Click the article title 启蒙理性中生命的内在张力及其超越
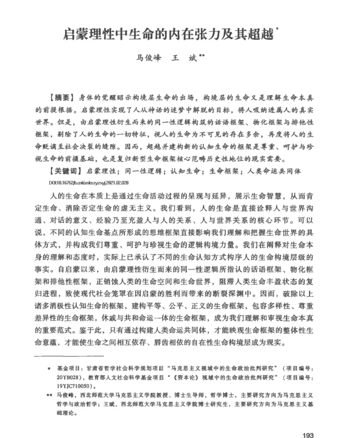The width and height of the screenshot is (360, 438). point(168,35)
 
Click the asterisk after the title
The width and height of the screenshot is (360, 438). point(277,31)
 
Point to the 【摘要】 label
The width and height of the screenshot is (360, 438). point(62,98)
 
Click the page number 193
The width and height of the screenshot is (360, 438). point(308,426)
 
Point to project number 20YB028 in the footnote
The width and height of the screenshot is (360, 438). point(67,377)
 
